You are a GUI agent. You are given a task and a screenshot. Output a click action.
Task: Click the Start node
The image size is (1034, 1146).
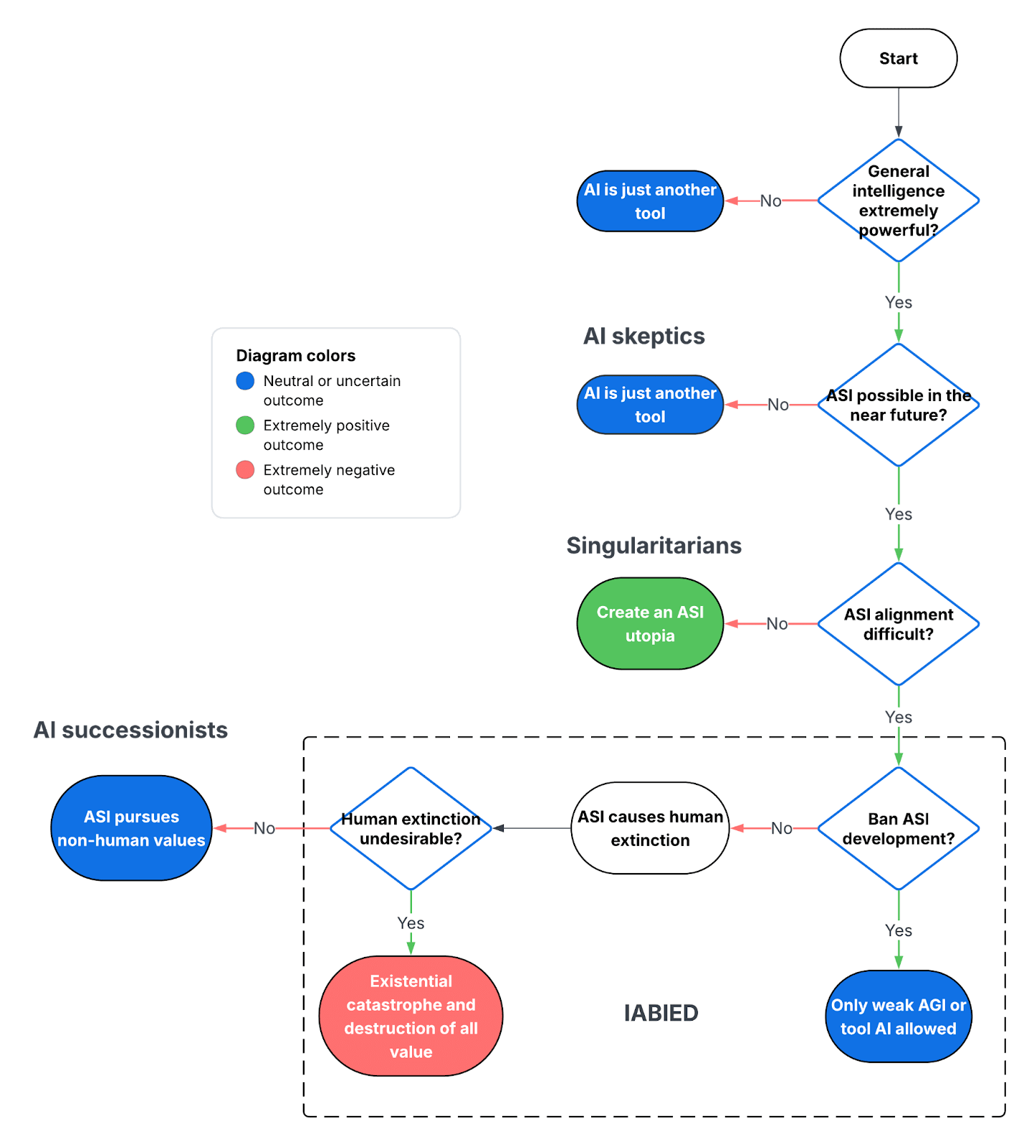pos(898,59)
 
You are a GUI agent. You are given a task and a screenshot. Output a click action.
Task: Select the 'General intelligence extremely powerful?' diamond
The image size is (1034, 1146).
pos(898,201)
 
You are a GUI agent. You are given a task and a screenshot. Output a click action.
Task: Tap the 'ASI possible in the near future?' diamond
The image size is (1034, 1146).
pos(898,405)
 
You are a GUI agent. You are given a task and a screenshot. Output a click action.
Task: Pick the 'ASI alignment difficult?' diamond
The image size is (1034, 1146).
pos(898,624)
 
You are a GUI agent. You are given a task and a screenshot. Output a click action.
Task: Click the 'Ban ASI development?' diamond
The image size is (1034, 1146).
pos(898,829)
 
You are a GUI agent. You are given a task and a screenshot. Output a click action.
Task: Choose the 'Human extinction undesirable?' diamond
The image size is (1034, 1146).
pos(411,829)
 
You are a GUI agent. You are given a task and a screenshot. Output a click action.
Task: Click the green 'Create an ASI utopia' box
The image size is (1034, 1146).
pos(650,624)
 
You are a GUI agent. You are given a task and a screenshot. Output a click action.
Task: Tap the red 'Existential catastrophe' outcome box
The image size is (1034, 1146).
pos(411,1016)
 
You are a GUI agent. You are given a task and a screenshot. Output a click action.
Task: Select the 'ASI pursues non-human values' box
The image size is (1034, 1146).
pos(131,828)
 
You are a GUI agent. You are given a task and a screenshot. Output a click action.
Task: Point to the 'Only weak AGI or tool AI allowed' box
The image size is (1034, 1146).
pos(898,1016)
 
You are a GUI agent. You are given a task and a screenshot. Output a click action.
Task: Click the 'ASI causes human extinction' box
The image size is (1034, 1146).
pos(650,828)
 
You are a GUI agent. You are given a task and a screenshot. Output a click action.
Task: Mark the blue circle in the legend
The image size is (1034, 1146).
pos(245,381)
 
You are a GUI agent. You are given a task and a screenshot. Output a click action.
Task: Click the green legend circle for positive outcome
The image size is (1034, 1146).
pos(245,425)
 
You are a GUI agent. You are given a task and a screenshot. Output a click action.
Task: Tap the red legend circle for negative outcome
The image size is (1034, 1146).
pos(245,470)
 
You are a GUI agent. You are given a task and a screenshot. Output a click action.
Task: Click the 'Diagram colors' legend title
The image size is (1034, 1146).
pos(295,356)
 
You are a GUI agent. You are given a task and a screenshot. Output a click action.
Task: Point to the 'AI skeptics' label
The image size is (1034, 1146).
pos(643,336)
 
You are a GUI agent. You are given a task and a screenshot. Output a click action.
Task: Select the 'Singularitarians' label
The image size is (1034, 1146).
pos(654,546)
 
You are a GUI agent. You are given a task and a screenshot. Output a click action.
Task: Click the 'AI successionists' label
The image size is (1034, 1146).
pos(130,730)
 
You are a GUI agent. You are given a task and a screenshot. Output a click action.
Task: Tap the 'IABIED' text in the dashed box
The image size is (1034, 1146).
pos(661,1013)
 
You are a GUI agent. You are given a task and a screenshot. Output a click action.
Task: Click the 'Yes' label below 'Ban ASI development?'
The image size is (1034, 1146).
pos(898,930)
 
